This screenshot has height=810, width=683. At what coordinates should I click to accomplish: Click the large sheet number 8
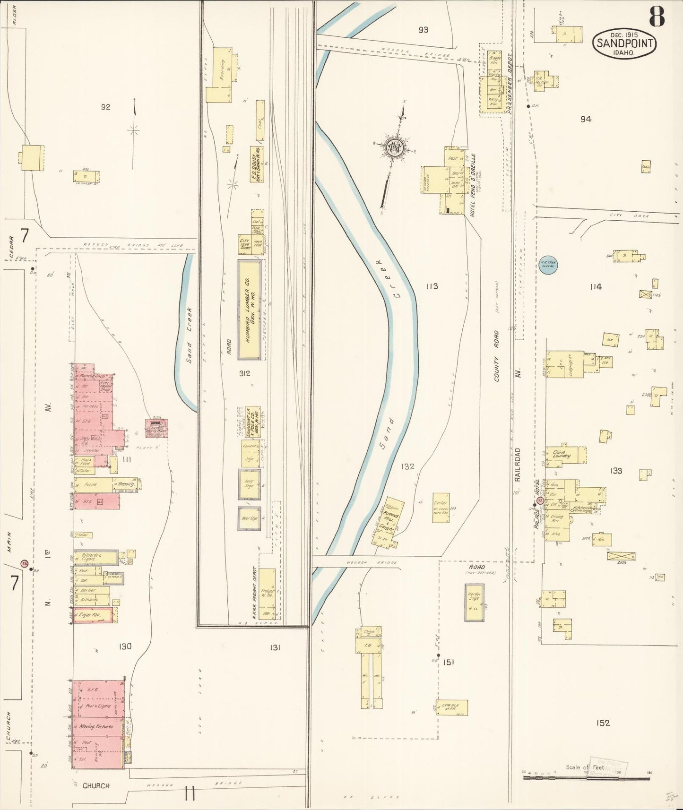(657, 17)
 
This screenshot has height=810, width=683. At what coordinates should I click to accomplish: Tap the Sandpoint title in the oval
(625, 43)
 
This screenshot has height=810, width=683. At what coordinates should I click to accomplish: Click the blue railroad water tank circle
(549, 267)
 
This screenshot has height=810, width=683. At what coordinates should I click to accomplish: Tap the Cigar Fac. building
(93, 615)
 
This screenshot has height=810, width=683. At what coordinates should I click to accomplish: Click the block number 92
(105, 107)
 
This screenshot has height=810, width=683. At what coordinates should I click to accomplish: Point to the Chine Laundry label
(561, 454)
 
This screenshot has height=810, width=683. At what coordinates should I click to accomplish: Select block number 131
(275, 647)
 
